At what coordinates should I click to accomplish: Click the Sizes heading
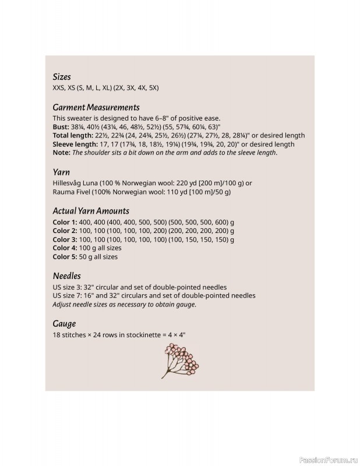[62, 77]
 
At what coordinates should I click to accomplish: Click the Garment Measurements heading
[96, 108]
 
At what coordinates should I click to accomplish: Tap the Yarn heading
[61, 172]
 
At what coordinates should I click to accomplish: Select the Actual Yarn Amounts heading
[91, 211]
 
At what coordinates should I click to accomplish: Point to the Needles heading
[66, 276]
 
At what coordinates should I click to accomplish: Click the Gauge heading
[64, 323]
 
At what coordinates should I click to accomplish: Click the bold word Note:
[61, 153]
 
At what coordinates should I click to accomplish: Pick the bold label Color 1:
[65, 222]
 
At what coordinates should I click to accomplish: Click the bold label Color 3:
[65, 239]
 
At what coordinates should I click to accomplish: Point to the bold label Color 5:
[65, 256]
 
